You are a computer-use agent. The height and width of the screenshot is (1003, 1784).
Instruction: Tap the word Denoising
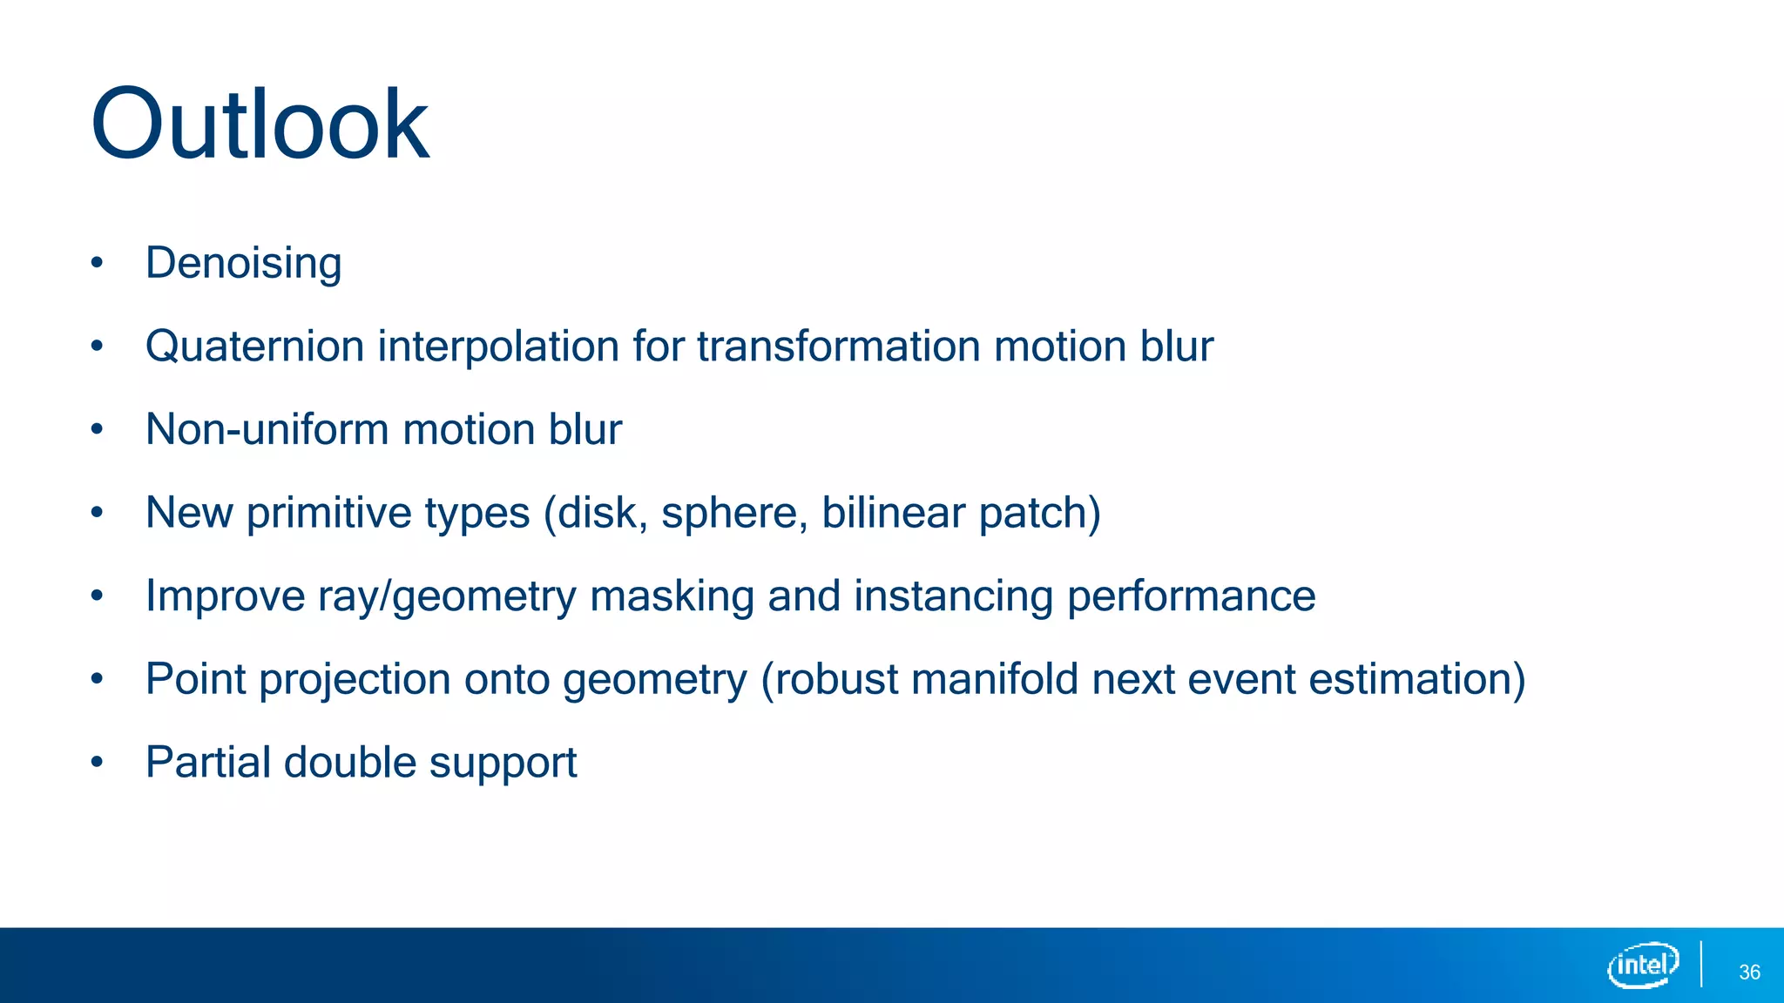[x=243, y=263]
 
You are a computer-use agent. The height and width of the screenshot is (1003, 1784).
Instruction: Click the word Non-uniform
[x=266, y=429]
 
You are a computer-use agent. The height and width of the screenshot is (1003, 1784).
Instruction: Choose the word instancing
[x=953, y=597]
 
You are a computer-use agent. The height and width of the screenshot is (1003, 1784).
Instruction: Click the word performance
[x=1191, y=597]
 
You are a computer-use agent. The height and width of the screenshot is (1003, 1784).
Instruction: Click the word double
[x=349, y=763]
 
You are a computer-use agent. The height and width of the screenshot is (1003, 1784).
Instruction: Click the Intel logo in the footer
[x=1643, y=965]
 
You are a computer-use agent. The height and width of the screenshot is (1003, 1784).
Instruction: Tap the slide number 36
[x=1749, y=973]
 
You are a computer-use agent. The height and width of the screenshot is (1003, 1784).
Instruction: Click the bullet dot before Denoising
[x=97, y=263]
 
